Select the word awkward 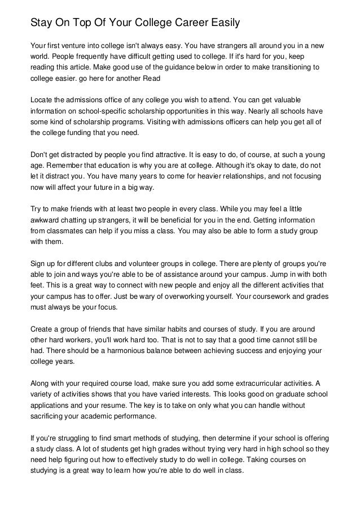coord(45,220)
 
